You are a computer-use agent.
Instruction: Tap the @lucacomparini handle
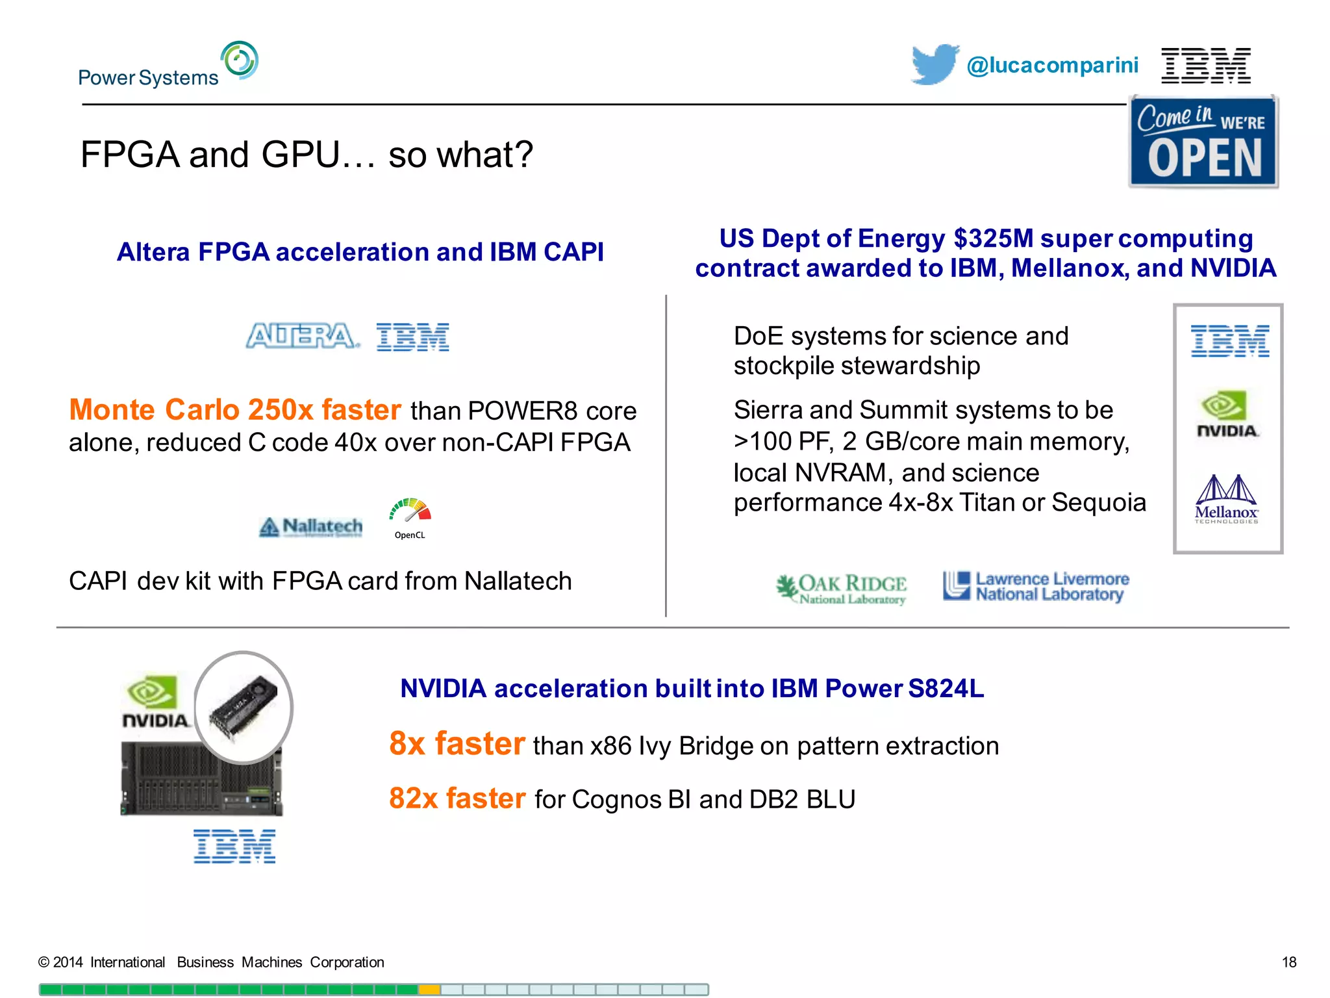(x=1052, y=65)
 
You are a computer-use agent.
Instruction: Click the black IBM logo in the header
(x=1205, y=65)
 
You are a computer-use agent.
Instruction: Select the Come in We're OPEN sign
(x=1203, y=142)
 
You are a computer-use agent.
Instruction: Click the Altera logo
(x=302, y=337)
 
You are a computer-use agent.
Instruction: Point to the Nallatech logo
(x=311, y=526)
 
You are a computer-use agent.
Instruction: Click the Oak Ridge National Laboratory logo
(x=842, y=589)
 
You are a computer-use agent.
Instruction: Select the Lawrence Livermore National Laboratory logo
(x=1036, y=586)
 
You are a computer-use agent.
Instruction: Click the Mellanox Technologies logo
(x=1226, y=499)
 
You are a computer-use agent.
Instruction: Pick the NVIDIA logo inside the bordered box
(x=1226, y=414)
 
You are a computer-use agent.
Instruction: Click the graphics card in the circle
(x=244, y=707)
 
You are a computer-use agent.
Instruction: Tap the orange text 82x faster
(x=457, y=799)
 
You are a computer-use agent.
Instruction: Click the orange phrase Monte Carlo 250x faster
(x=235, y=410)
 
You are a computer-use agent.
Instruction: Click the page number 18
(x=1288, y=962)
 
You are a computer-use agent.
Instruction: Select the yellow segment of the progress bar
(x=429, y=990)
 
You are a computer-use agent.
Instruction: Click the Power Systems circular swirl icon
(x=239, y=60)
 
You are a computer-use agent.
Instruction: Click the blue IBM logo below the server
(x=234, y=846)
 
